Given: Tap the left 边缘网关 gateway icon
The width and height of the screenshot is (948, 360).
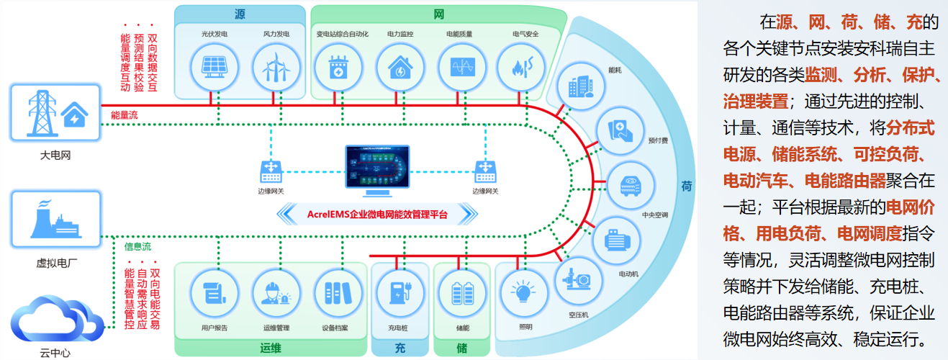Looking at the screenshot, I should (x=271, y=171).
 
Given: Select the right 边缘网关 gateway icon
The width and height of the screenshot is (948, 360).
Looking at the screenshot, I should (x=485, y=171).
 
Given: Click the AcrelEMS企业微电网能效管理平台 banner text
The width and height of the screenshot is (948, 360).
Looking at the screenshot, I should (x=378, y=214).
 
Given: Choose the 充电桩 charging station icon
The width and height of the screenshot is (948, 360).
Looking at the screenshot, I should (x=398, y=294).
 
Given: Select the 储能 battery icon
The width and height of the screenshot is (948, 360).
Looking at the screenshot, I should (x=461, y=294).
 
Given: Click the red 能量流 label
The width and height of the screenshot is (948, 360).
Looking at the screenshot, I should (x=124, y=114).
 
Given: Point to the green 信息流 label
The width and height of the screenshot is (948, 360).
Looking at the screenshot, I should (x=138, y=246).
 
